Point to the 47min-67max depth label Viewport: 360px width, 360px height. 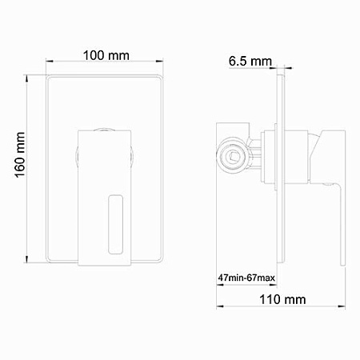248,278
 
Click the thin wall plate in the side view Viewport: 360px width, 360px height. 282,168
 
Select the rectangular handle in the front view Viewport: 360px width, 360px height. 104,196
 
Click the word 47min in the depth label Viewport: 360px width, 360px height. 233,278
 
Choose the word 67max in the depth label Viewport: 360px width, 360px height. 263,278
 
